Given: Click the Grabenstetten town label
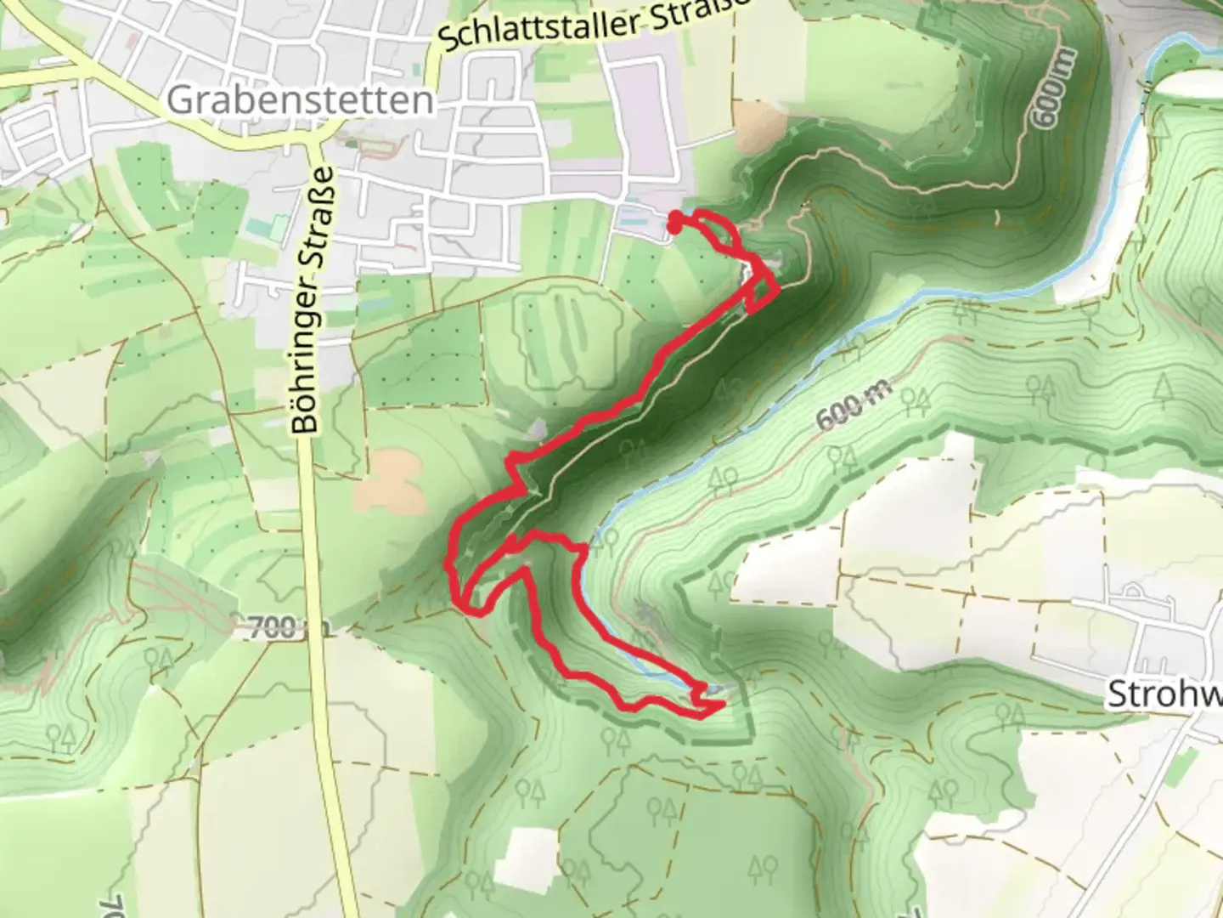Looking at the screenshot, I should click(x=300, y=100).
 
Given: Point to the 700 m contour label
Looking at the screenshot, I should click(x=279, y=629).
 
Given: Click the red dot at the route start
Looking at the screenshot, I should click(x=673, y=226).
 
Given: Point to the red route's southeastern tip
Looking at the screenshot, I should click(x=722, y=705).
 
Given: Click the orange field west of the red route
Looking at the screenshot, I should click(x=391, y=480).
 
